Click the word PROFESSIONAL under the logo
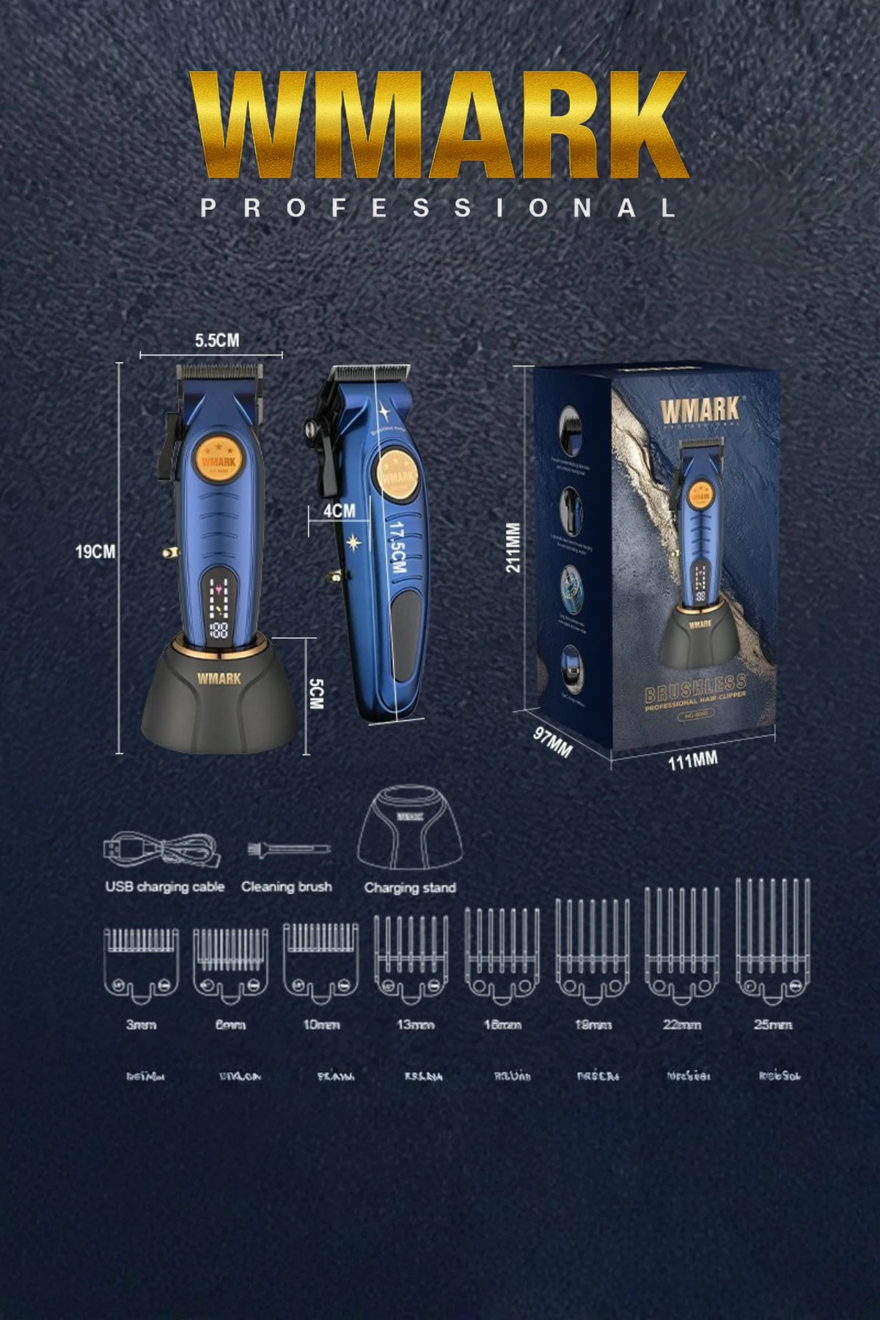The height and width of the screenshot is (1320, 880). [439, 208]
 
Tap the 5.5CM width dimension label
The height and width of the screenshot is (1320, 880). [216, 340]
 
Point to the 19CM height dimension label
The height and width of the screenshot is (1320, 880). [95, 551]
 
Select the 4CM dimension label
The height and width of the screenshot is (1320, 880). [339, 511]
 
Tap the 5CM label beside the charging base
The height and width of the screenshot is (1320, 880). [316, 693]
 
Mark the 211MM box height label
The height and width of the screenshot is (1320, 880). [514, 547]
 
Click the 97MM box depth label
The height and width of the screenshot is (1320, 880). [552, 741]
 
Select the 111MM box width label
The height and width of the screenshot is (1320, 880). [692, 761]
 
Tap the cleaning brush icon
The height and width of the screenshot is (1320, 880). [288, 849]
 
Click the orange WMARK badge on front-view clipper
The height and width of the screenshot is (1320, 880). [218, 461]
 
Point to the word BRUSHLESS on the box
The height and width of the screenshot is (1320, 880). [694, 689]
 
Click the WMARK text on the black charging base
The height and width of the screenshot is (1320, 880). [218, 678]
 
